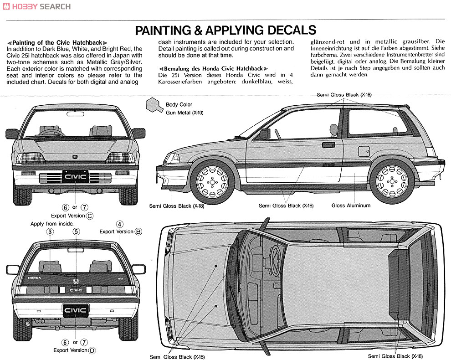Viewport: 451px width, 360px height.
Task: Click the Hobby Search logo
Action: tap(36, 6)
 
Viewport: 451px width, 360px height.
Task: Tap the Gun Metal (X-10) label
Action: tap(184, 113)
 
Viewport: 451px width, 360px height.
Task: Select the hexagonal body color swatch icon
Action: tap(154, 105)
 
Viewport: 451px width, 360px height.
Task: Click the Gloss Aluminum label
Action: tap(351, 206)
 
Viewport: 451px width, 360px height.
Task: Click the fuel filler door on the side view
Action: tap(364, 150)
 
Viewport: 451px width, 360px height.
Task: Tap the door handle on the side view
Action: tap(328, 144)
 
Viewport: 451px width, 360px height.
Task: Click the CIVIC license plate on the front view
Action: tap(75, 177)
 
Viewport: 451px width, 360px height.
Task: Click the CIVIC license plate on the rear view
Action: tap(75, 310)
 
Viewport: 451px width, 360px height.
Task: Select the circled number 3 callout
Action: tap(50, 231)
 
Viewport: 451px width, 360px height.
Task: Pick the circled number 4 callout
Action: tap(119, 224)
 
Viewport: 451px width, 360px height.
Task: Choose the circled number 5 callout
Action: tap(76, 231)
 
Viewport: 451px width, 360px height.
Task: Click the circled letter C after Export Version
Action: tap(90, 216)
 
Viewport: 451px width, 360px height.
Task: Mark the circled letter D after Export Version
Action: tap(92, 350)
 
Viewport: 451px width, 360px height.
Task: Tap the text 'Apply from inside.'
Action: tap(52, 224)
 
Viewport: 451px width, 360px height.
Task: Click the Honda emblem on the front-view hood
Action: tap(75, 157)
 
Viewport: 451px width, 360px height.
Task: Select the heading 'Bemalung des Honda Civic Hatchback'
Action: tap(213, 68)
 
